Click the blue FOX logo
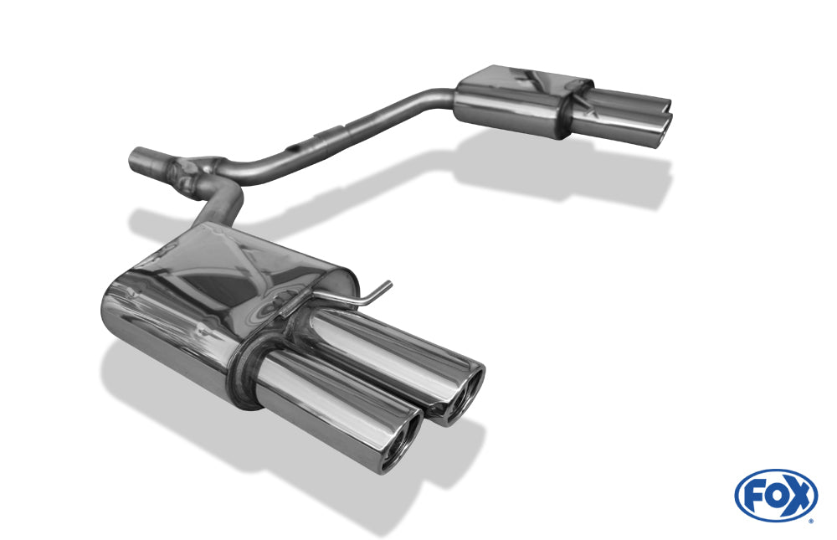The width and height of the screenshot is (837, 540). point(775,495)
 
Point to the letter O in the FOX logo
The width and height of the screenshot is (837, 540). point(775,496)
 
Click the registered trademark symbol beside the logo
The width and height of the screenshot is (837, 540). point(809,520)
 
